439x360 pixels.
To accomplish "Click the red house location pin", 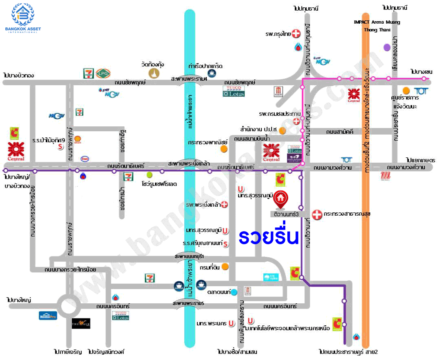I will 280,199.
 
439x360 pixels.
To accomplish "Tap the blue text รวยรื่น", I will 269,237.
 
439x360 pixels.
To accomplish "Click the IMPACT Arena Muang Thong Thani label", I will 377,26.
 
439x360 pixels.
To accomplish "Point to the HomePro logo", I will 48,315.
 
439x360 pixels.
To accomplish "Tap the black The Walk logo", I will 81,323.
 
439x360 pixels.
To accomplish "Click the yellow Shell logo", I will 78,140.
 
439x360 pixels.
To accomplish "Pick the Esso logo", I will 85,159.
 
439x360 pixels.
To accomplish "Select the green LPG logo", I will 101,73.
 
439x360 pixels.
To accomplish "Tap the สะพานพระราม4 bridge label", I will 189,79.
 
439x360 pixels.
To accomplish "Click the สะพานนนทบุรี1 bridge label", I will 189,256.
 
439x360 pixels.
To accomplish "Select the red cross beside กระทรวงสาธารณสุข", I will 317,214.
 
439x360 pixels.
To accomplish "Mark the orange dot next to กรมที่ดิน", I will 225,267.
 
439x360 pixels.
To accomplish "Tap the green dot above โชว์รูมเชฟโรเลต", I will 149,174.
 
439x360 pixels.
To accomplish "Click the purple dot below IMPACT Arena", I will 387,47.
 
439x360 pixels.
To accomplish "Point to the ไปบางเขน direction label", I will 421,72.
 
